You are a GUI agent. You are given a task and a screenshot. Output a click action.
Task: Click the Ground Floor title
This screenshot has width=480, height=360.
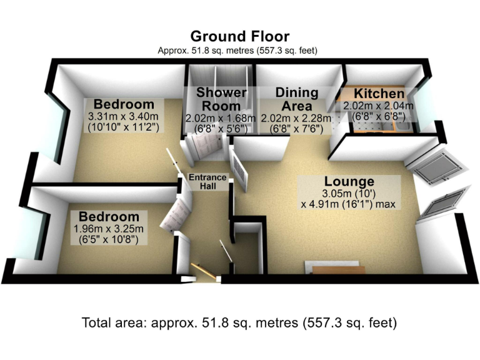click(x=240, y=36)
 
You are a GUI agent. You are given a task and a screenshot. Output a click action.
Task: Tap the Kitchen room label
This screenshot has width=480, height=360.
click(x=374, y=94)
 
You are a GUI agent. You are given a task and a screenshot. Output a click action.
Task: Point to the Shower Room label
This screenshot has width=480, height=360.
click(x=221, y=99)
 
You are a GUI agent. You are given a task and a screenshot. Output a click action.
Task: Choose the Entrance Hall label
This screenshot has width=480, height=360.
click(x=207, y=182)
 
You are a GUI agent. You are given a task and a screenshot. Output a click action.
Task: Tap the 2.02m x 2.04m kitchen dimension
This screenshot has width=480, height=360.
click(x=373, y=106)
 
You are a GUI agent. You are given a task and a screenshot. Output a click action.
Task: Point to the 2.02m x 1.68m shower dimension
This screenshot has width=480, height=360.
click(x=221, y=119)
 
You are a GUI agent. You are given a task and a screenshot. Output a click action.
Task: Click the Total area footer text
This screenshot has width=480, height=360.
click(x=240, y=324)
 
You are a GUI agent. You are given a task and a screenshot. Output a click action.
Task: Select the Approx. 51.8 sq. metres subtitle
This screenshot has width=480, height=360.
click(x=240, y=50)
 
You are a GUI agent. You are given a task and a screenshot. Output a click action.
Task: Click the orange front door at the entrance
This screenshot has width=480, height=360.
click(x=202, y=270)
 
